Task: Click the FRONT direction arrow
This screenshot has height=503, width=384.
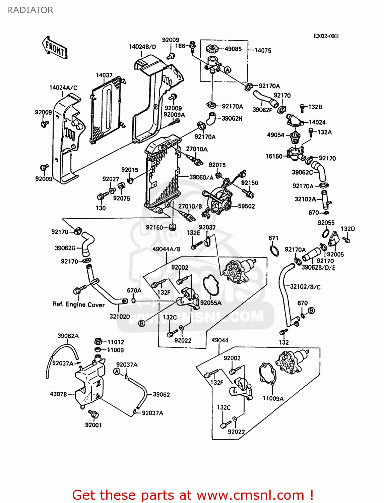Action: pos(55,48)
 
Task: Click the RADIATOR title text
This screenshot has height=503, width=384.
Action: pos(30,10)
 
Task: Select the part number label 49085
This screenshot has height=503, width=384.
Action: pos(233,49)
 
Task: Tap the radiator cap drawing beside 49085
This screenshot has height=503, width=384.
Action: pos(212,49)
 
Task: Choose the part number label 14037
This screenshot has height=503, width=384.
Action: pos(104,75)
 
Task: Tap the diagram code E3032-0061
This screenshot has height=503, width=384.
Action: pos(326,36)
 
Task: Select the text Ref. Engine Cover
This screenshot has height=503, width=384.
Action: pos(78,304)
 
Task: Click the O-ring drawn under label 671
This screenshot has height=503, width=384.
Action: pos(274,250)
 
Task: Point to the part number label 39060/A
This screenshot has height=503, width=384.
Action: pos(201,177)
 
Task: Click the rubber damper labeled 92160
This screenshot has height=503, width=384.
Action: pos(173,227)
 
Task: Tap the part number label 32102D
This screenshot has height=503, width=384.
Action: pos(120,316)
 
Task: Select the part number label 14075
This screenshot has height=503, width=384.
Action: pos(263,50)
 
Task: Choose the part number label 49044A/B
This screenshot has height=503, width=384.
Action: pos(166,249)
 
